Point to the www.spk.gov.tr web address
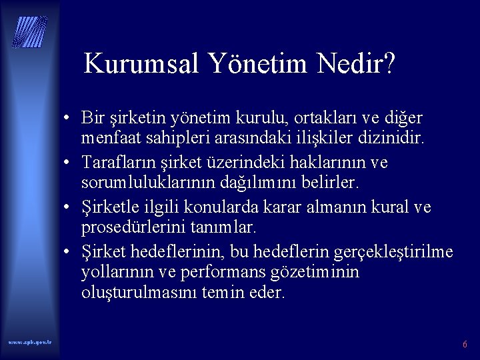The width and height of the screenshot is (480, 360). pos(30,342)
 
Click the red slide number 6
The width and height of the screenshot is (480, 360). pos(465,345)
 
